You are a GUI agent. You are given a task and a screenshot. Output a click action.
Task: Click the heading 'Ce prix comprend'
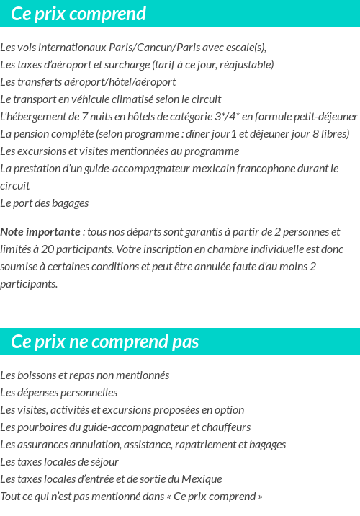point(78,14)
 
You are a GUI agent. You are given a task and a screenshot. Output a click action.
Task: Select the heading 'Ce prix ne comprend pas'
point(105,341)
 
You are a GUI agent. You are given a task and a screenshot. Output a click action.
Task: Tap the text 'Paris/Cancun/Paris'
point(153,48)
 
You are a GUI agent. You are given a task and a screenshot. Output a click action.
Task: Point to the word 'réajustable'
point(247,65)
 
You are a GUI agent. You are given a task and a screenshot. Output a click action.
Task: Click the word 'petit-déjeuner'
point(325,117)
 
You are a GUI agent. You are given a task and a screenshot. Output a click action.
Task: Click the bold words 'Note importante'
point(40,232)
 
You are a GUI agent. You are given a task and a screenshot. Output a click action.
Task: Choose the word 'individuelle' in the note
point(266,249)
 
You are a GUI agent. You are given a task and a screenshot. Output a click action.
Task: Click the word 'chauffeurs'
point(227,427)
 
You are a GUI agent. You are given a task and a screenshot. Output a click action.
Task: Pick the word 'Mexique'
point(203,479)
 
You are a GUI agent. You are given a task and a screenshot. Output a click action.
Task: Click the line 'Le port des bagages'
point(45,203)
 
